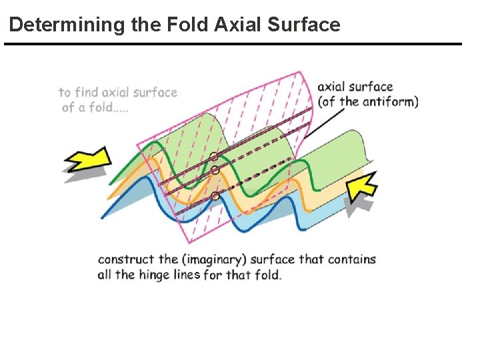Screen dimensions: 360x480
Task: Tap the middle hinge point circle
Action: (x=215, y=171)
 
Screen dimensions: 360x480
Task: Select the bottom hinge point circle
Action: (x=215, y=196)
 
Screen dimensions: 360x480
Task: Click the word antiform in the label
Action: (x=390, y=102)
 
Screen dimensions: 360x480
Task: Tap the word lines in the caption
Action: (x=186, y=275)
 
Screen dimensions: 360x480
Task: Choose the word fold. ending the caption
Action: (x=267, y=275)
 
